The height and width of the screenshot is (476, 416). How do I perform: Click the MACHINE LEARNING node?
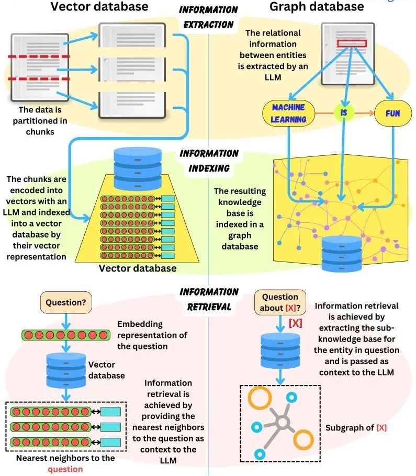coord(288,113)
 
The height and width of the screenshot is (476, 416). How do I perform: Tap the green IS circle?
coord(344,113)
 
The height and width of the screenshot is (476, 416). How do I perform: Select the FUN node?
coord(393,113)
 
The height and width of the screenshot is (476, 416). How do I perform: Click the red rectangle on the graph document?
coord(352,43)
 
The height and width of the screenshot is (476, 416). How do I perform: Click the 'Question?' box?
coord(66,302)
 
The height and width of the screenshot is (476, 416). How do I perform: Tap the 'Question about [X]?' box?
coord(280,302)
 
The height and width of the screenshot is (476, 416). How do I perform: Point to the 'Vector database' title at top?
coord(99,6)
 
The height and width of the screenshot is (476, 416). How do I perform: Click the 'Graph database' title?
coord(317,6)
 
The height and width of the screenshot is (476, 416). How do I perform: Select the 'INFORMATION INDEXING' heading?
coord(209,161)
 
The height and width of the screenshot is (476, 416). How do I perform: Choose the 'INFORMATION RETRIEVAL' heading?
coord(209,299)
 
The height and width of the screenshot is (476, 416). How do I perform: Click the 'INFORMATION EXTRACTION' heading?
coord(208,17)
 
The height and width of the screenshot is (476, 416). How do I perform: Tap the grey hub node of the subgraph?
coord(283,422)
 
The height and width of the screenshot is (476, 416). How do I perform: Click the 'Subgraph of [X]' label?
coord(356,428)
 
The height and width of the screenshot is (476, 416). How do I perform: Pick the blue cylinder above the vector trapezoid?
coord(138,168)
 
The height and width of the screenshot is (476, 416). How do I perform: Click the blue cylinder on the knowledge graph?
coord(342,254)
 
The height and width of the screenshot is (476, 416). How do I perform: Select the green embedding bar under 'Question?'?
coord(66,335)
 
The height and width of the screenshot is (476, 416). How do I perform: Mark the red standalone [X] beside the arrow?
coord(295,323)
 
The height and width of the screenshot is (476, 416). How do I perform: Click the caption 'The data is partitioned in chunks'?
coord(40,120)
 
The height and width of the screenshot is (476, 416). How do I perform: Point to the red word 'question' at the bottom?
coord(65,469)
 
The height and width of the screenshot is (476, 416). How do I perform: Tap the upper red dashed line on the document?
coord(39,56)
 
